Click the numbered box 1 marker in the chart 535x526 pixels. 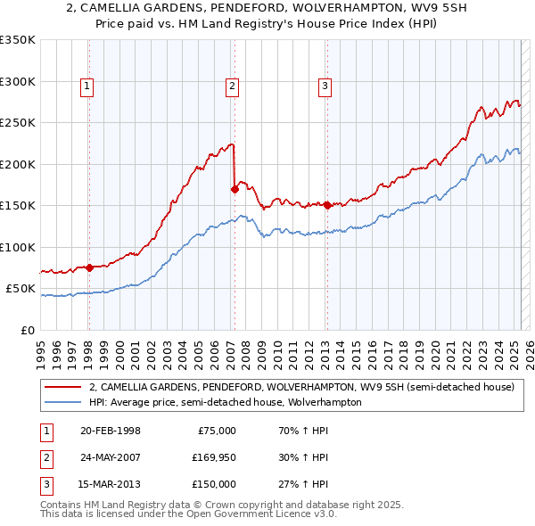click(x=87, y=86)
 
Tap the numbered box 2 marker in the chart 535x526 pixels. click(x=232, y=86)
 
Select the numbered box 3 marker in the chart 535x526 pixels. click(x=325, y=86)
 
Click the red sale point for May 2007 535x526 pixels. click(x=235, y=189)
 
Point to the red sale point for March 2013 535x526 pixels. click(x=326, y=205)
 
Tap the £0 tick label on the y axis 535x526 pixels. click(x=27, y=330)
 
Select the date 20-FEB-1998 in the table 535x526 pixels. click(x=110, y=431)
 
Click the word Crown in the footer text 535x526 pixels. click(x=185, y=505)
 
